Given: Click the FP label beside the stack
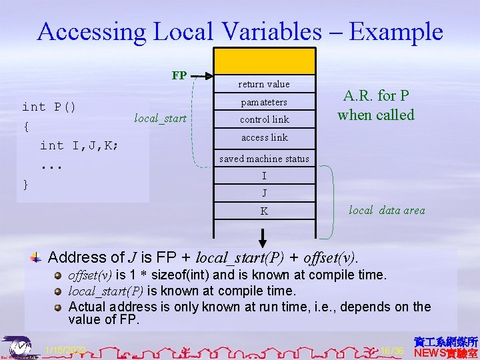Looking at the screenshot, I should (x=179, y=75).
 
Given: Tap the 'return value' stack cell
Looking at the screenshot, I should (x=264, y=84).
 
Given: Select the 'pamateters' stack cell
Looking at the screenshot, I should (x=264, y=102).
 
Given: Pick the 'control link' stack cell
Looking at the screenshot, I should (x=264, y=119).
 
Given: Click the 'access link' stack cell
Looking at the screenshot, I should (x=264, y=137).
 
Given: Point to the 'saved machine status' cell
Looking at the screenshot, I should (x=264, y=159).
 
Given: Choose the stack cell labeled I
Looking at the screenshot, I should (x=264, y=176).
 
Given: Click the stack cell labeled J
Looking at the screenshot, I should (x=264, y=193).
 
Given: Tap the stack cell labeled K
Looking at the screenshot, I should (x=264, y=211).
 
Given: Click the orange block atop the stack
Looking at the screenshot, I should (x=264, y=61).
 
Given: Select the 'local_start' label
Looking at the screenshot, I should (x=161, y=119).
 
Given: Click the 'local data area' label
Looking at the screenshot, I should (x=387, y=210).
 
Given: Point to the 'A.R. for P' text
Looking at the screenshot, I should (x=375, y=96).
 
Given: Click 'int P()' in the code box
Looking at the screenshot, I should (x=49, y=107).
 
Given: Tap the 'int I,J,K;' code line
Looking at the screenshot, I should (x=79, y=145).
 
